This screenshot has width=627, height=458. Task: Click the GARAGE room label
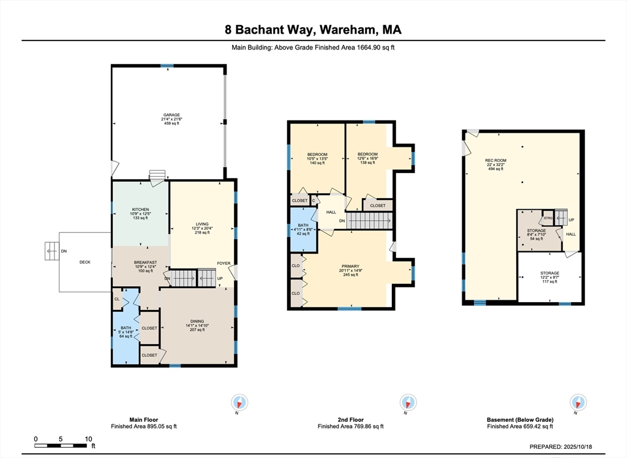(171, 114)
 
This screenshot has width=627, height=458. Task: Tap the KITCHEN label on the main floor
(140, 209)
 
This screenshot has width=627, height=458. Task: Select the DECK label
(84, 262)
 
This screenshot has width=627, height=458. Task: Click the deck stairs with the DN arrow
(52, 251)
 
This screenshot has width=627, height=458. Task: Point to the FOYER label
(224, 263)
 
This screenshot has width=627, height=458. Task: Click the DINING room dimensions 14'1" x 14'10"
(197, 325)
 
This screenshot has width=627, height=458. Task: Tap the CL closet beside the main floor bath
(117, 298)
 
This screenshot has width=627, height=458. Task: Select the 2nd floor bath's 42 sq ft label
(303, 234)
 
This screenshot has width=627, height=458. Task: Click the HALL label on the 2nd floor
(331, 212)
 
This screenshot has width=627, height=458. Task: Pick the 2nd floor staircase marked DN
(369, 220)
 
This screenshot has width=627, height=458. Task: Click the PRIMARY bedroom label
(350, 266)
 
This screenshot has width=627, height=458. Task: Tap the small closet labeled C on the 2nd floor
(313, 201)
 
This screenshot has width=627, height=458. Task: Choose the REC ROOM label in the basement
(495, 160)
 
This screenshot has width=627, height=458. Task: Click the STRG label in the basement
(548, 218)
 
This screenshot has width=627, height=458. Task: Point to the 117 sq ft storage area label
(549, 281)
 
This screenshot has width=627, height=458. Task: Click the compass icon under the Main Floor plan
(239, 402)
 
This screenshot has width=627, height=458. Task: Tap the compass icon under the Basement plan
(578, 402)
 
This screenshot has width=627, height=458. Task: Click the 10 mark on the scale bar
(88, 439)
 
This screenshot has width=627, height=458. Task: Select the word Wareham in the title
(348, 29)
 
